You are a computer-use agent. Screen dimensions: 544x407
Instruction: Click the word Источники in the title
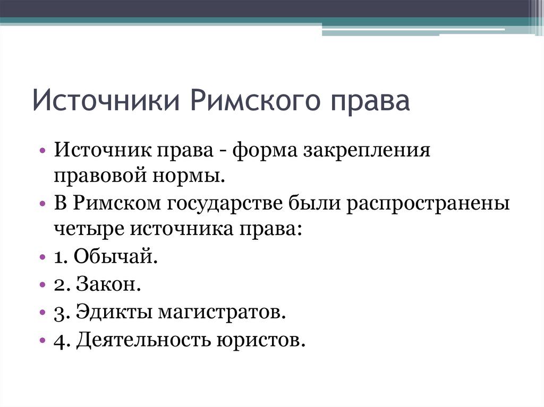[x=106, y=100]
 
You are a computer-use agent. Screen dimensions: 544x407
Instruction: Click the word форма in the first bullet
[x=265, y=151]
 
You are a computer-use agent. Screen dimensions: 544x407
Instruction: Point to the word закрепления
[x=367, y=151]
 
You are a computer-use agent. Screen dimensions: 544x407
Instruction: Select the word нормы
[x=189, y=176]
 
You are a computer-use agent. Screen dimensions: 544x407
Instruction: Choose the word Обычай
[x=115, y=256]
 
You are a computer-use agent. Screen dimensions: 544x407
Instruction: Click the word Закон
[x=108, y=284]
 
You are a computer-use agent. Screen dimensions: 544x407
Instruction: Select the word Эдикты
[x=114, y=311]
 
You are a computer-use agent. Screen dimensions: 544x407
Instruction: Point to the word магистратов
[x=222, y=312]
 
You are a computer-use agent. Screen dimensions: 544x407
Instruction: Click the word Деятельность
[x=143, y=340]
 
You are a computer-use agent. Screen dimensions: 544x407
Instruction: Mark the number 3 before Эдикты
[x=59, y=314]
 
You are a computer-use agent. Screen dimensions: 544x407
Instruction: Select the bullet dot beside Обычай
[x=42, y=257]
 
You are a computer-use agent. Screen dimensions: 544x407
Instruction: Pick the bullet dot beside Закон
[x=42, y=285]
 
